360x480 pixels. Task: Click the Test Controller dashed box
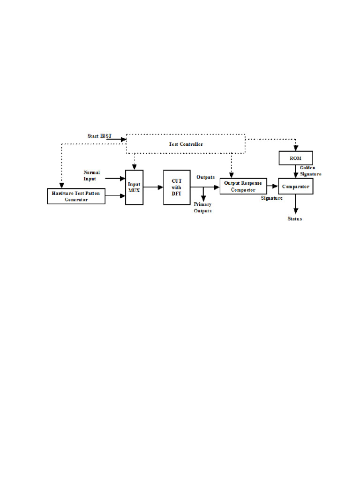[186, 144]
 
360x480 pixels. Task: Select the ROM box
[295, 158]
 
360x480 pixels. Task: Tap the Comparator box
[295, 186]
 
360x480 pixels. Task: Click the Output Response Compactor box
[243, 186]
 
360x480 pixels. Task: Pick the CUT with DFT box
[176, 187]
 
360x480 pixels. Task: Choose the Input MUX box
[134, 187]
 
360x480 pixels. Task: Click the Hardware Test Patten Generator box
[76, 196]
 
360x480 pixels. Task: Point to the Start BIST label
[99, 136]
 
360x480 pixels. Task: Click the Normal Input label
[91, 175]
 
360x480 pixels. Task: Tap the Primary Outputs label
[202, 208]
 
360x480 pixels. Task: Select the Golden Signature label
[311, 171]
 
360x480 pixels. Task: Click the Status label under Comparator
[295, 219]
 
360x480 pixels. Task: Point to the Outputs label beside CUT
[205, 177]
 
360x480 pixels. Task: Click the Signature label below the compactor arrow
[271, 198]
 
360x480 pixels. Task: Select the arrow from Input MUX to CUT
[153, 187]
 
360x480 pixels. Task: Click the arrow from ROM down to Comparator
[295, 172]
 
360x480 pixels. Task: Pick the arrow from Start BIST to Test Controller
[119, 139]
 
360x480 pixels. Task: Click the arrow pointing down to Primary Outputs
[203, 194]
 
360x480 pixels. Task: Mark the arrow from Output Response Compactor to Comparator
[272, 186]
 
